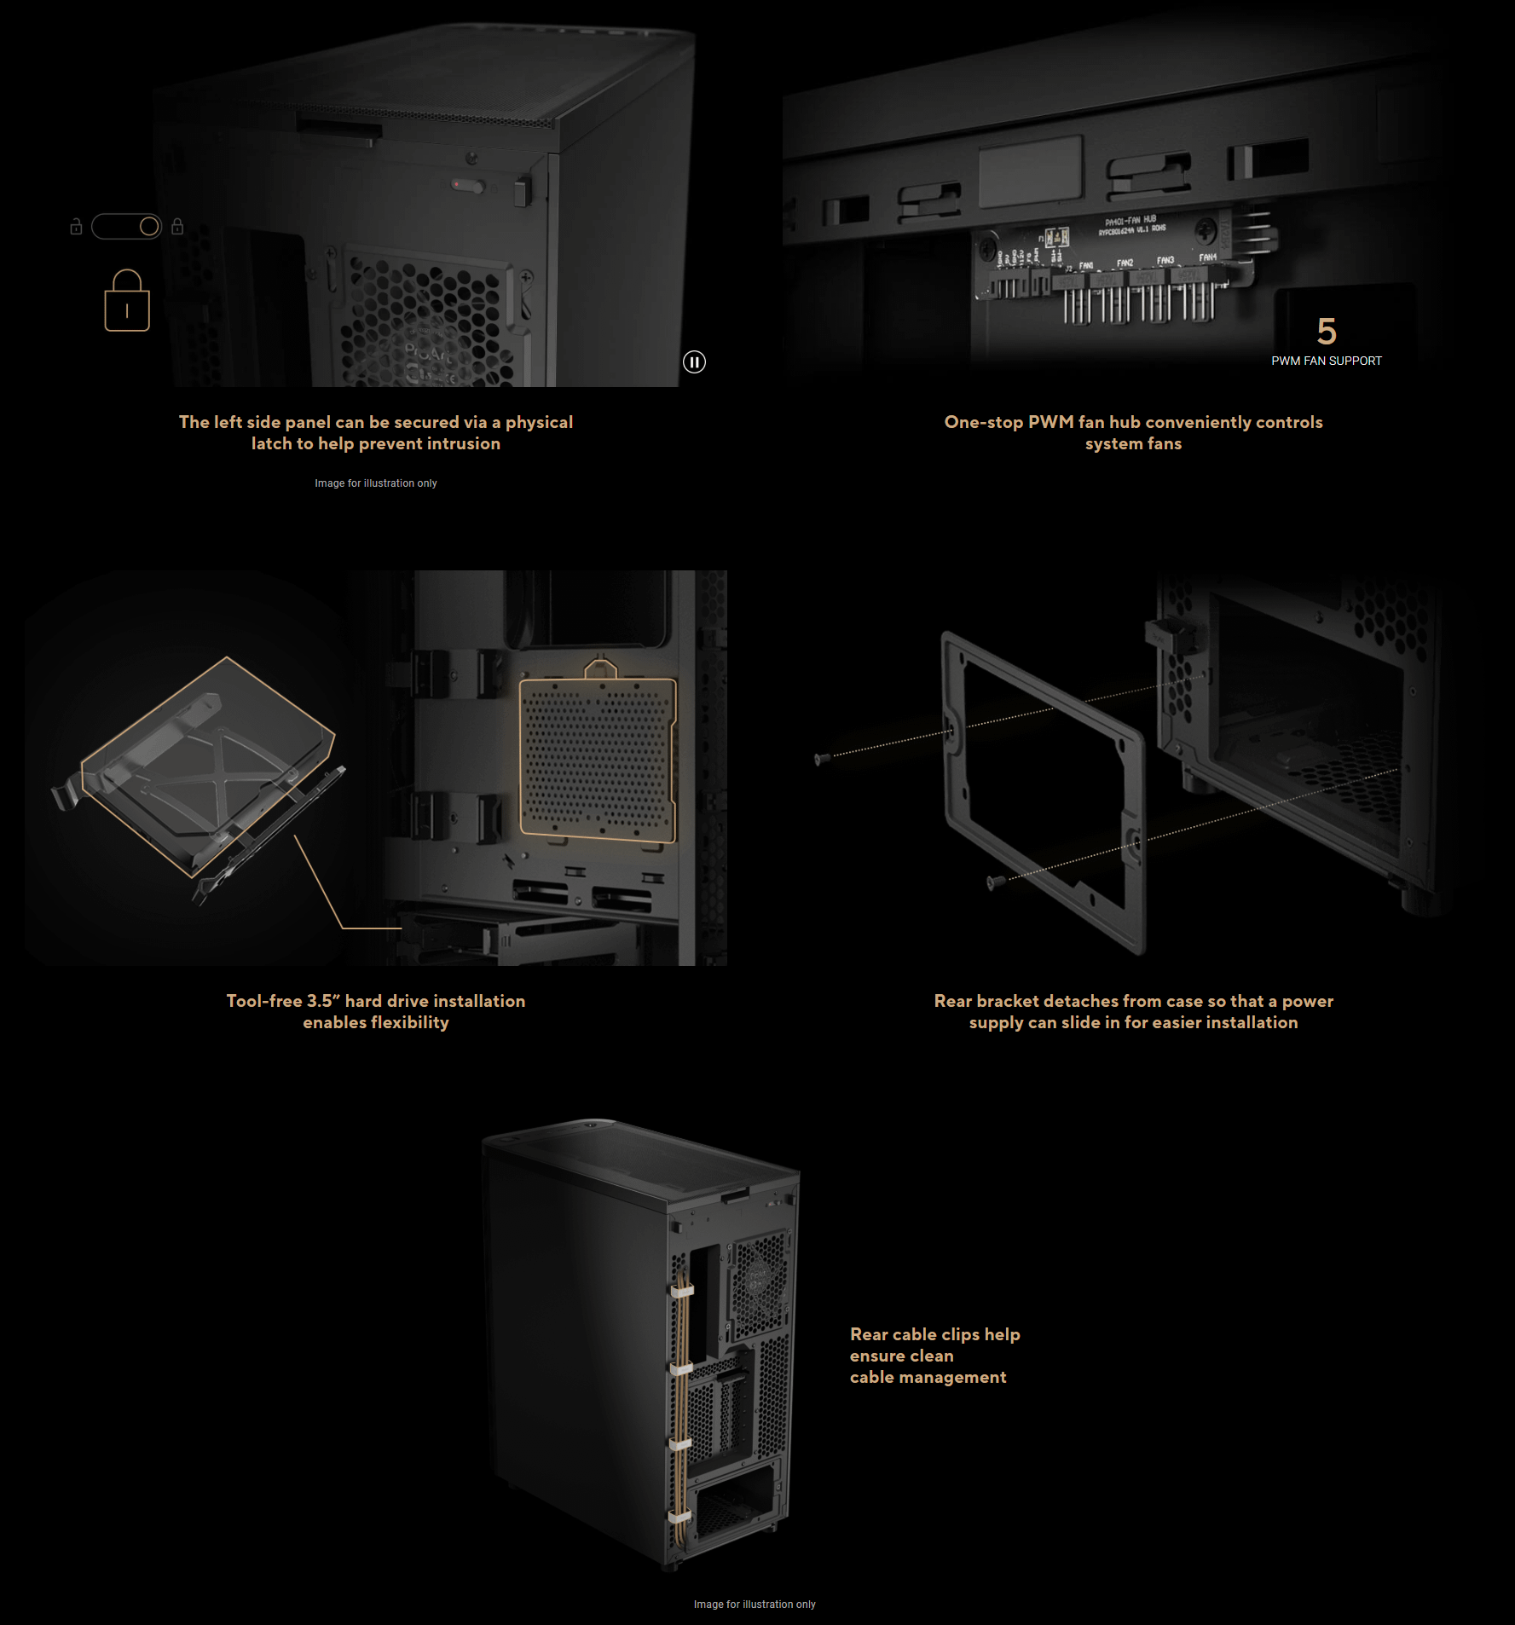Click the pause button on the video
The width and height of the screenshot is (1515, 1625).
pyautogui.click(x=694, y=362)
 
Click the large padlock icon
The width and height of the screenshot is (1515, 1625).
pyautogui.click(x=127, y=302)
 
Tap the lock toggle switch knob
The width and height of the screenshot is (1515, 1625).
pyautogui.click(x=149, y=227)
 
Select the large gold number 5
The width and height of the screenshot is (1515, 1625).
pyautogui.click(x=1327, y=331)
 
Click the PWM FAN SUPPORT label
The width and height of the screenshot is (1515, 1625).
pyautogui.click(x=1326, y=361)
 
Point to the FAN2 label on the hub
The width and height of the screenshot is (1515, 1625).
pyautogui.click(x=1125, y=263)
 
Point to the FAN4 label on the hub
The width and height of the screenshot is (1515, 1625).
pyautogui.click(x=1208, y=257)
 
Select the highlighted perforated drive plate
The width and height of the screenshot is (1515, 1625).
pyautogui.click(x=598, y=757)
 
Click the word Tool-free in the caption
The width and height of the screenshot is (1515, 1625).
pyautogui.click(x=263, y=1001)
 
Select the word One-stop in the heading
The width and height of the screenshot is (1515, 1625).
pyautogui.click(x=983, y=422)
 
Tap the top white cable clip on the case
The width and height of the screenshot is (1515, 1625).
pyautogui.click(x=682, y=1291)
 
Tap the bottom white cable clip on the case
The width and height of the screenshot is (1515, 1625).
pyautogui.click(x=679, y=1518)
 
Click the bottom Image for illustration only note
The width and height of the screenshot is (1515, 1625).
pyautogui.click(x=755, y=1605)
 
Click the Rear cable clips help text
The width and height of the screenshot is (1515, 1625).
pyautogui.click(x=934, y=1334)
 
